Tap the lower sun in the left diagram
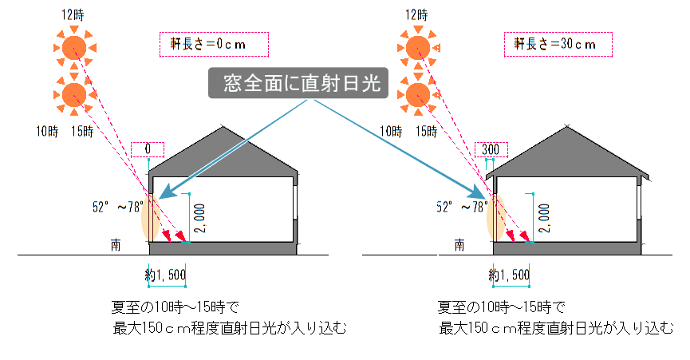73,94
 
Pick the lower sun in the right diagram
416,94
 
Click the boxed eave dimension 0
148,149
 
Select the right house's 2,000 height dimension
543,213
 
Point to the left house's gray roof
223,152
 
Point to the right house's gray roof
567,152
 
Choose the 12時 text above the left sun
73,15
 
